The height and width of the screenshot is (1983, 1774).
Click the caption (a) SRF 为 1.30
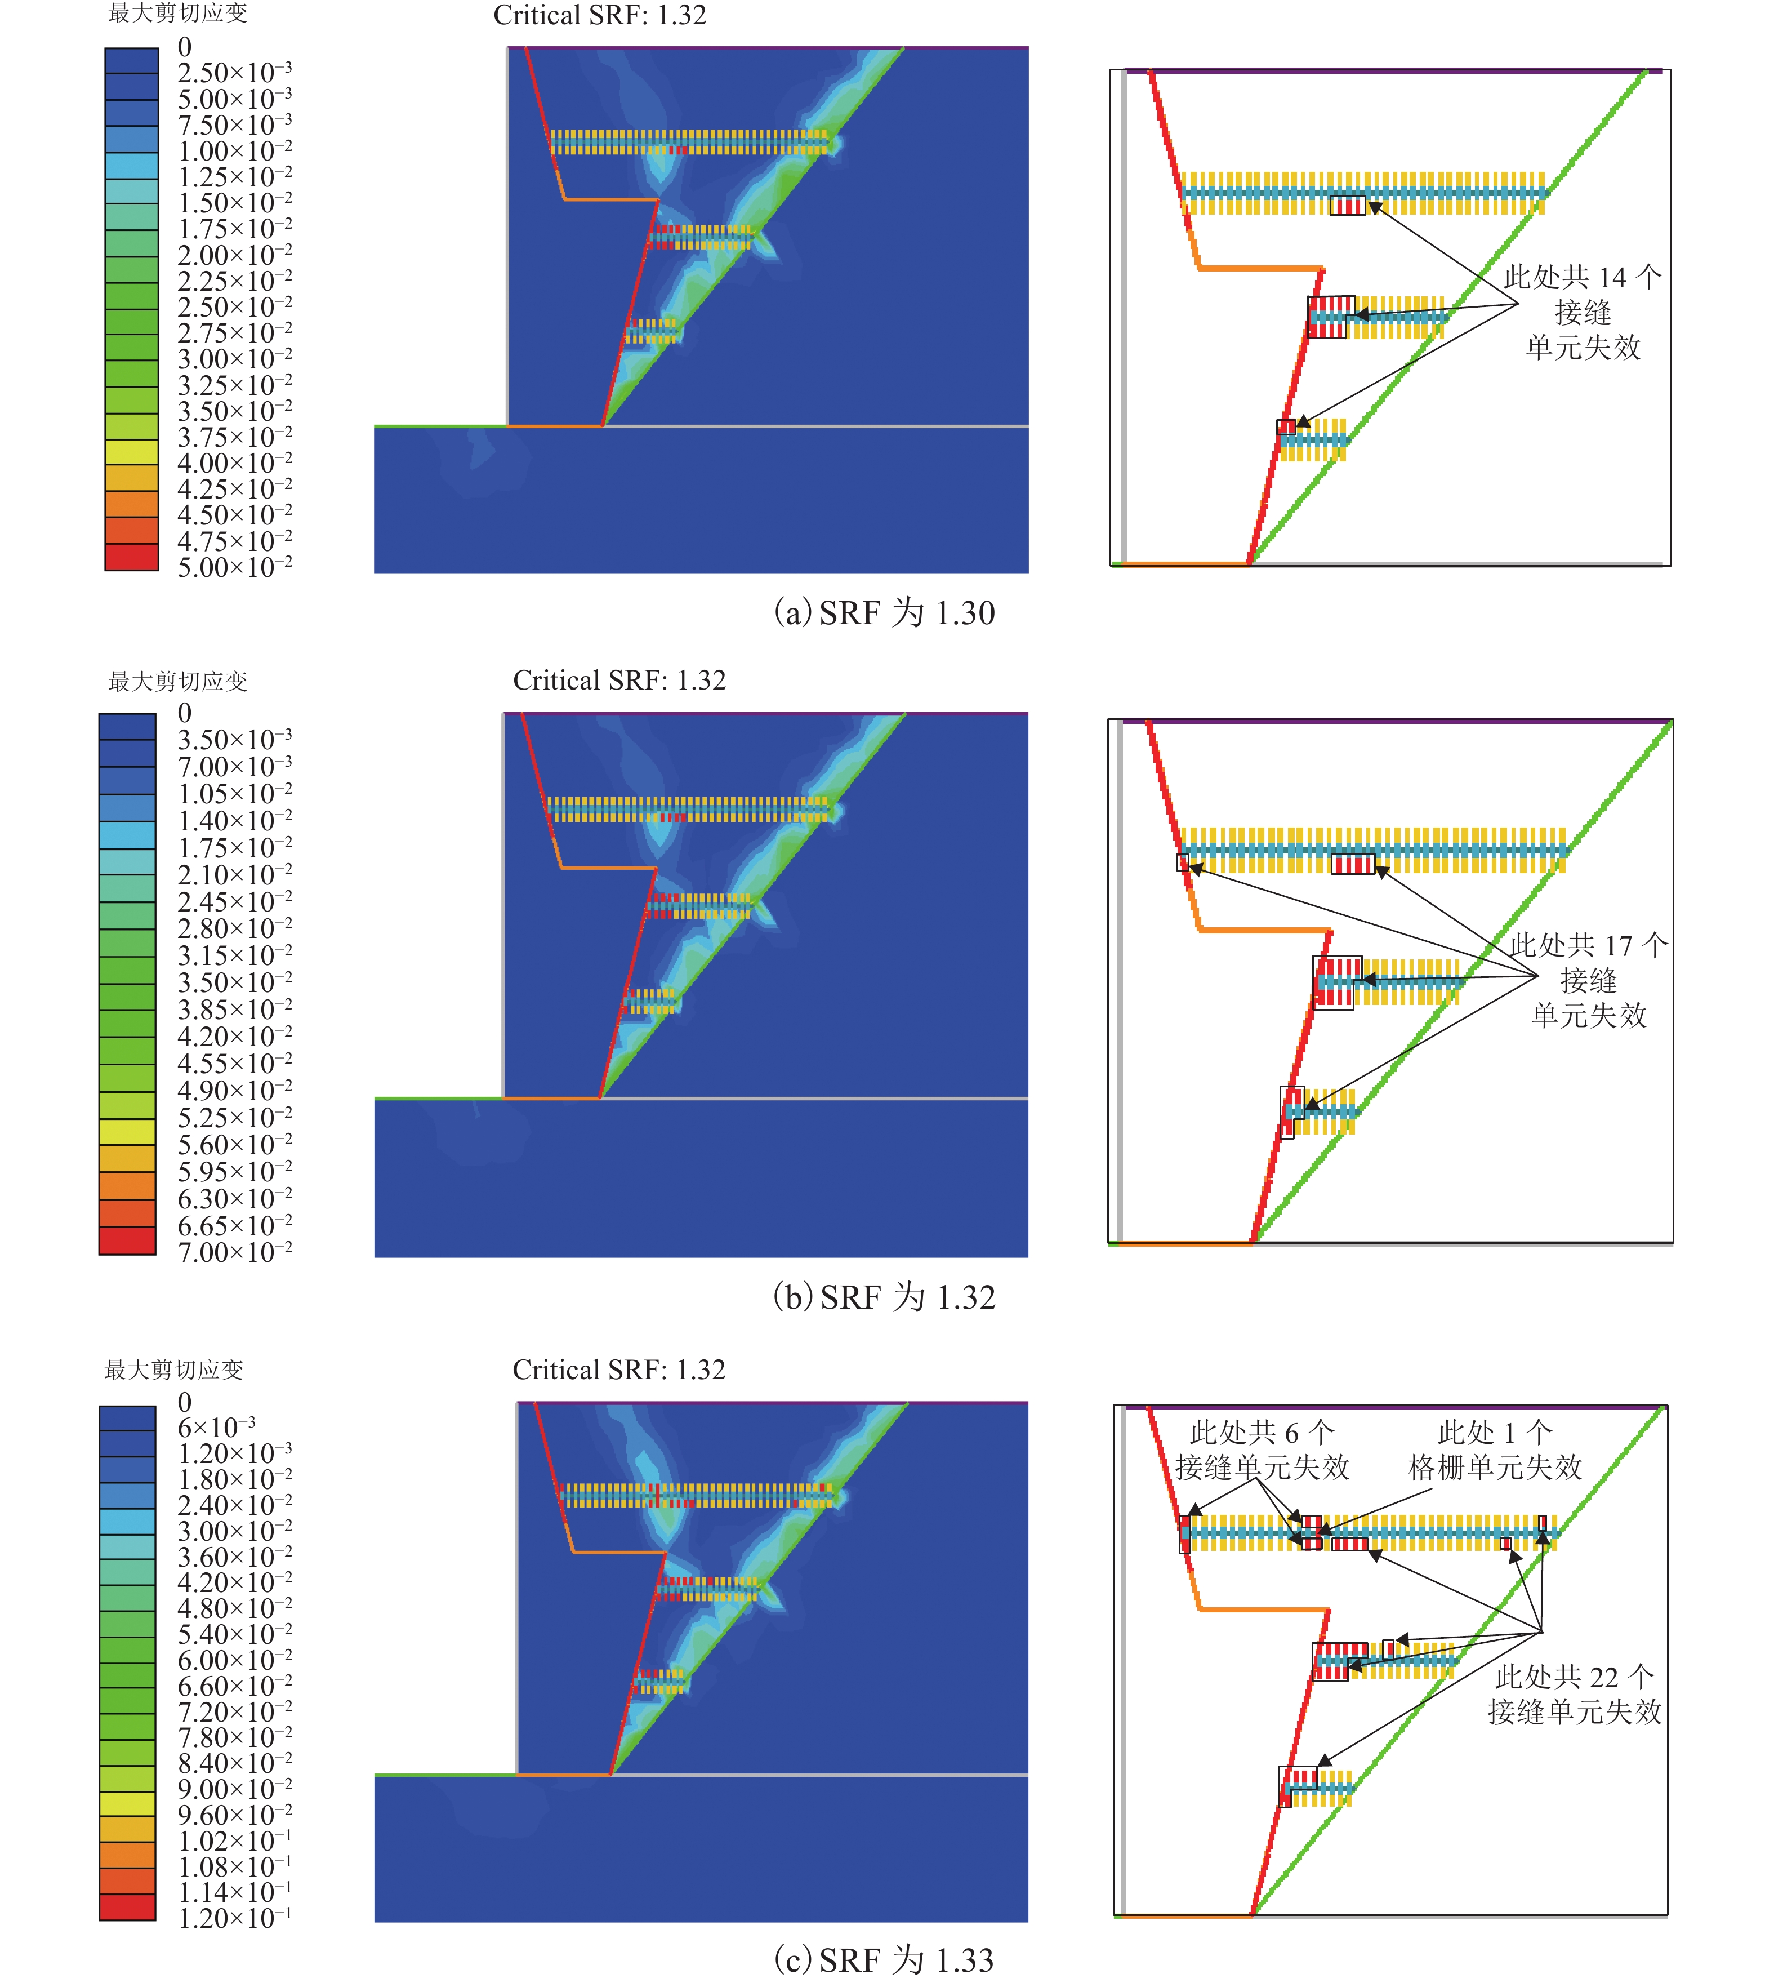pyautogui.click(x=884, y=613)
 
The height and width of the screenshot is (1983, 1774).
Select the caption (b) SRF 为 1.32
pyautogui.click(x=884, y=1297)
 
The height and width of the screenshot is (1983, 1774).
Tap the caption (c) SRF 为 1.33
pyautogui.click(x=884, y=1959)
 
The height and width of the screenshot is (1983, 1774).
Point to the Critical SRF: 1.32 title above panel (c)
pyautogui.click(x=619, y=1370)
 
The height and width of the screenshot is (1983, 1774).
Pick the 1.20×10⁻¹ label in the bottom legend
pyautogui.click(x=234, y=1919)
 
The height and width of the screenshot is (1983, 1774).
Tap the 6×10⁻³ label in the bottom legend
pyautogui.click(x=216, y=1428)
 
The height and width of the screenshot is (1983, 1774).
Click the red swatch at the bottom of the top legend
pyautogui.click(x=132, y=557)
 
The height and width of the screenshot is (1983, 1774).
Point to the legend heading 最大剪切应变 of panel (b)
pyautogui.click(x=177, y=682)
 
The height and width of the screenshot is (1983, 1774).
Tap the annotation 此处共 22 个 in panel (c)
pyautogui.click(x=1574, y=1677)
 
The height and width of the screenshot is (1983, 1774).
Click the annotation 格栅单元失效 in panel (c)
pyautogui.click(x=1495, y=1468)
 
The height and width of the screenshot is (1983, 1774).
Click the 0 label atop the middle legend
pyautogui.click(x=184, y=713)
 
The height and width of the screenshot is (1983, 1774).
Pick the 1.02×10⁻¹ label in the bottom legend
pyautogui.click(x=234, y=1840)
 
